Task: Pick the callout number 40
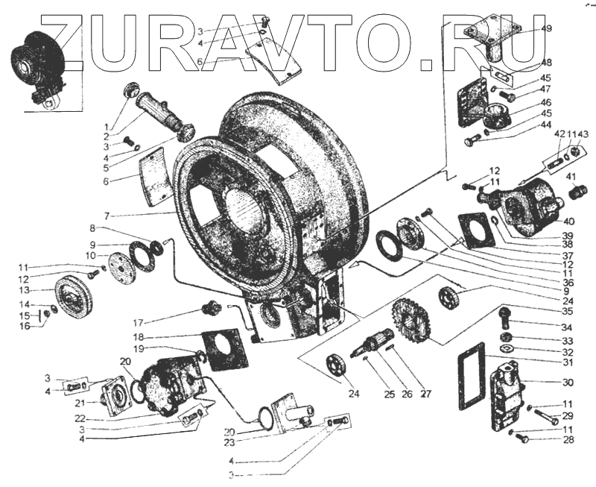pyautogui.click(x=569, y=221)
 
